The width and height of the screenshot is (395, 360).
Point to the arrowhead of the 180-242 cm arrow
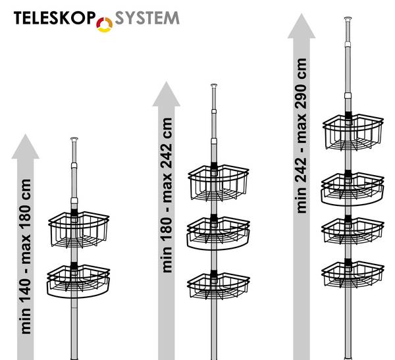(x=166, y=93)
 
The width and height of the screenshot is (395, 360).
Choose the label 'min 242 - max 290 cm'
(x=302, y=135)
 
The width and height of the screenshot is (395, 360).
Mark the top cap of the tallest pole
(x=348, y=20)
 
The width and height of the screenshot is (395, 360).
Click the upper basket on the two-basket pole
(x=78, y=230)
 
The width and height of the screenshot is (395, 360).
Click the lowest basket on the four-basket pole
(x=352, y=272)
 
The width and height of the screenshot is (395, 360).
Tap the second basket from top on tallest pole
(x=352, y=187)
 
